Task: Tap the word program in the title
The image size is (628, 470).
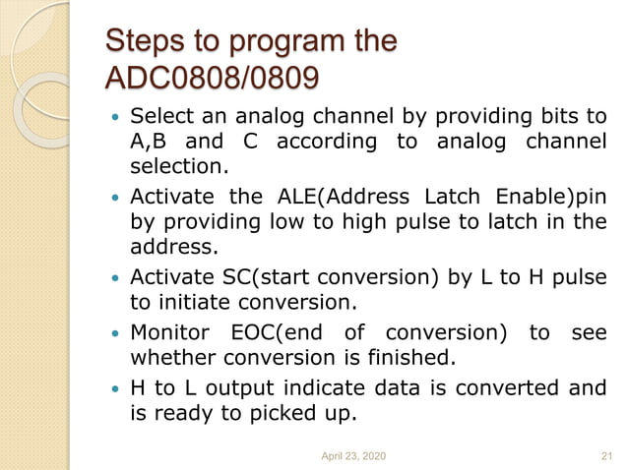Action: (x=281, y=42)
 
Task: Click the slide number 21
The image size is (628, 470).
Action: (x=605, y=454)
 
